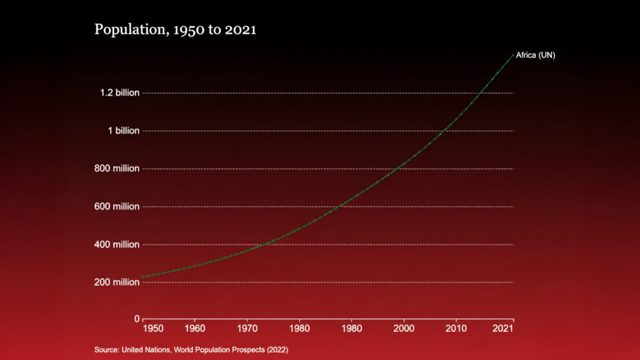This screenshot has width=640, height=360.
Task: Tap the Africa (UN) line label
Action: pos(536,55)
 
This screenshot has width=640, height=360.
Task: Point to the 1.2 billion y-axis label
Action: pos(119,93)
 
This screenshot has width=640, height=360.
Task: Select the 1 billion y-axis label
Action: pos(123,131)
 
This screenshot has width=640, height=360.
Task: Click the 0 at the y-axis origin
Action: pos(137,319)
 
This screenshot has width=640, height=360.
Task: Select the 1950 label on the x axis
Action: pos(153,328)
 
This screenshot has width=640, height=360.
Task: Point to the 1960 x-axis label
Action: pos(195,328)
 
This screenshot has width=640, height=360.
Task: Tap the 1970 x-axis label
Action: pos(247,328)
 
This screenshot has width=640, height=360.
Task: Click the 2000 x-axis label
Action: pos(404,328)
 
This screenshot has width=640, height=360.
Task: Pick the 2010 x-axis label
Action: pos(456,328)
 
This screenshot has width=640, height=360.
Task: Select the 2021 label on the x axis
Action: pos(504,328)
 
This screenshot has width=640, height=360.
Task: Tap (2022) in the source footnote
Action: pos(277,349)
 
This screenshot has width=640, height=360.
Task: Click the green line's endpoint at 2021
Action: pos(513,55)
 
